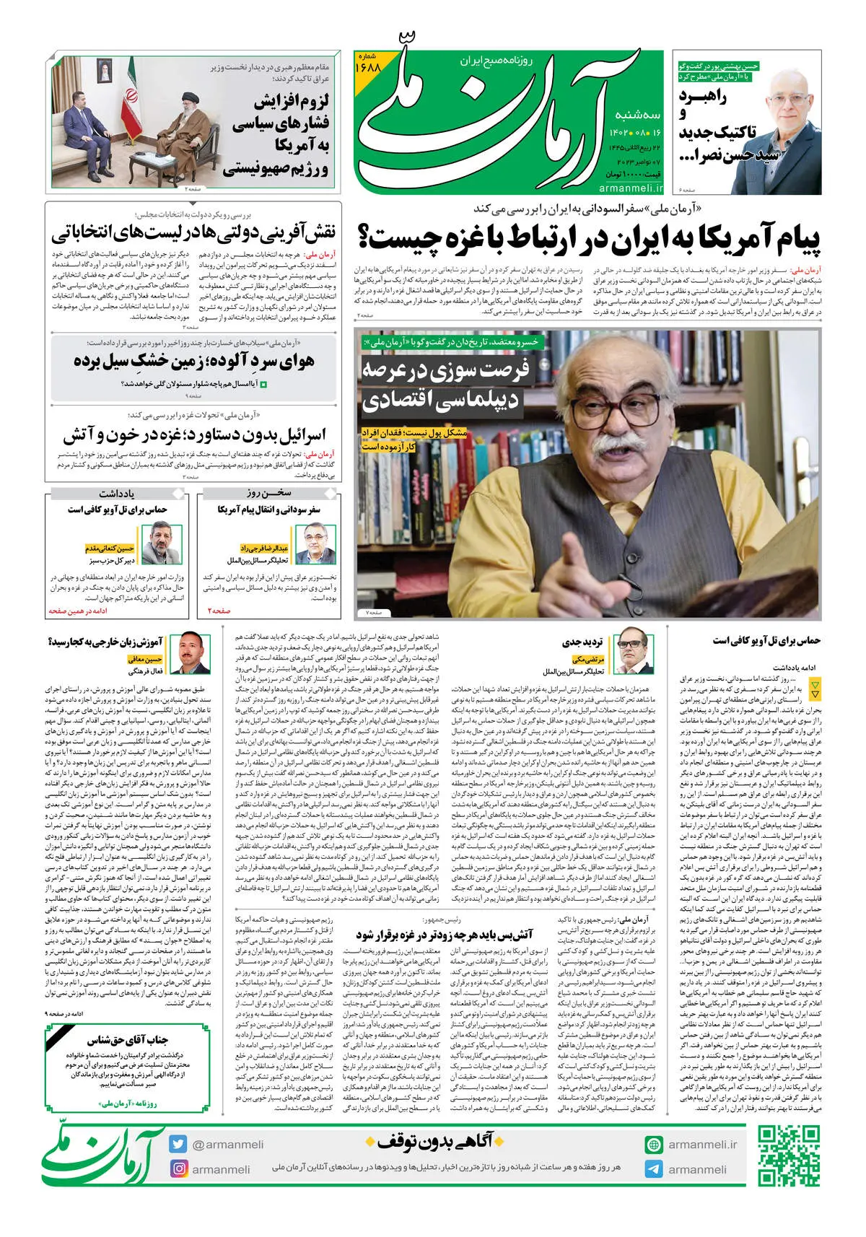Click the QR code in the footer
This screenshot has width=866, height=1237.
pos(789,1155)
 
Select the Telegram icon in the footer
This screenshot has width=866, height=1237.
pos(654,1169)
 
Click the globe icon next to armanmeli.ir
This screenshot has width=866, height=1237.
pos(654,1145)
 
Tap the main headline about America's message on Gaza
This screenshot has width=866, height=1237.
pos(589,240)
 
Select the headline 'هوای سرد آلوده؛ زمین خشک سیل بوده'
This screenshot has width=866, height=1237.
pos(193,362)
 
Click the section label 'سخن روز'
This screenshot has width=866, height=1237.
pos(268,494)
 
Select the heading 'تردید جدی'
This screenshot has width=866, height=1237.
pos(582,642)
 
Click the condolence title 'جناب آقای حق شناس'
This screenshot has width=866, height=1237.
pos(128,1040)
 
